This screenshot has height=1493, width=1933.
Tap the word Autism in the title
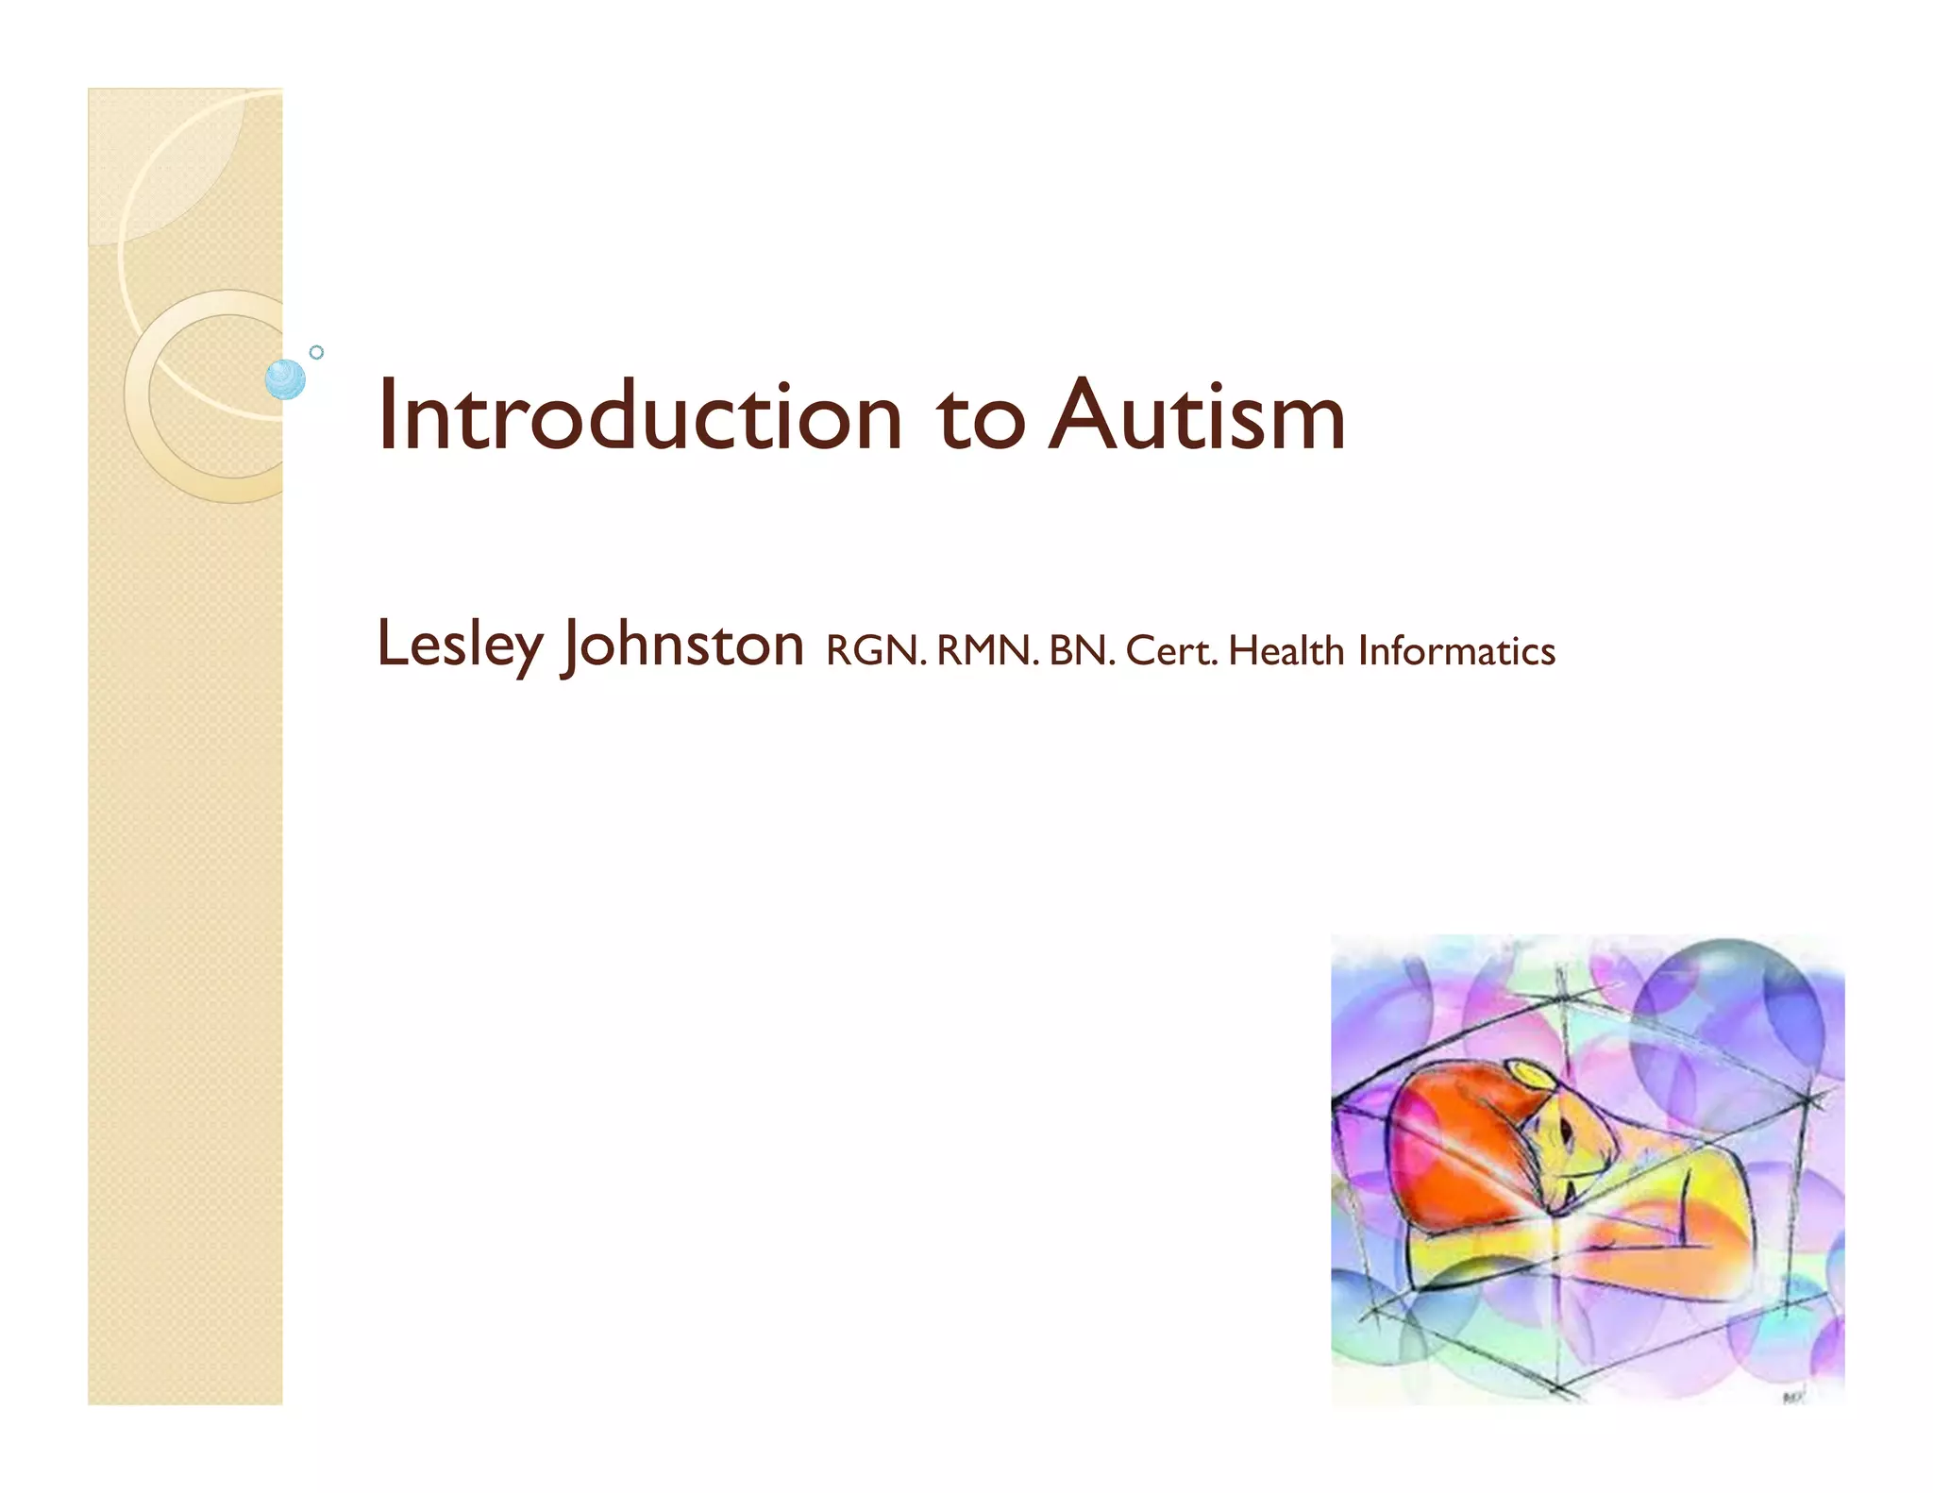pos(1198,416)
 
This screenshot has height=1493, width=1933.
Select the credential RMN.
pos(987,651)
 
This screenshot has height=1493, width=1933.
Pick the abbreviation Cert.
pos(1171,651)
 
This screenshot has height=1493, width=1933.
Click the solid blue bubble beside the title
pos(285,379)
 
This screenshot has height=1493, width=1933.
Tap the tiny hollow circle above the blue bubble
pos(317,352)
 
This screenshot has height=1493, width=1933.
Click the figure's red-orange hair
pos(1458,1147)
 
